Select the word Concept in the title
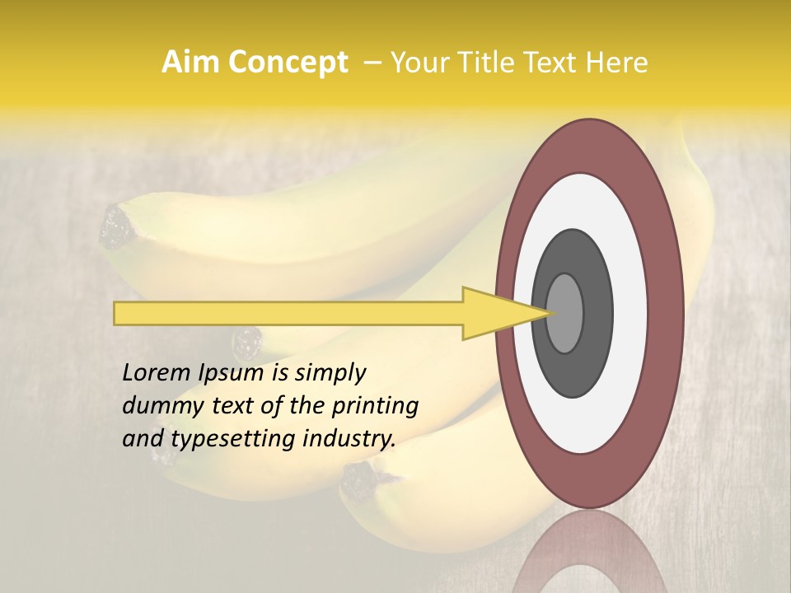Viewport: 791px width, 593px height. coord(288,63)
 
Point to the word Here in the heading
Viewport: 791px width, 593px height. coord(618,63)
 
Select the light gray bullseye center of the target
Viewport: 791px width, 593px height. coord(565,313)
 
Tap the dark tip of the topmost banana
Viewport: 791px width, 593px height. coord(115,226)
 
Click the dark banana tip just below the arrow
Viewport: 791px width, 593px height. coord(246,339)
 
